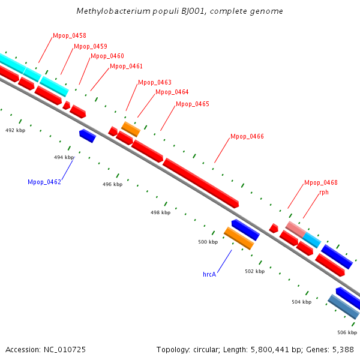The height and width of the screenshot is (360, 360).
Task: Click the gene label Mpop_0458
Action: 70,36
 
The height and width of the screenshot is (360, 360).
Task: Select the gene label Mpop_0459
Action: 91,46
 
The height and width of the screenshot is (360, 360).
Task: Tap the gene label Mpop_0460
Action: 107,56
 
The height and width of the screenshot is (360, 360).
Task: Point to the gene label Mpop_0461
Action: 126,67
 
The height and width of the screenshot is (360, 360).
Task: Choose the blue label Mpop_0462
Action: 44,182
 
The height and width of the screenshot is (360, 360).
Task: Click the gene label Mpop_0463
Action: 155,83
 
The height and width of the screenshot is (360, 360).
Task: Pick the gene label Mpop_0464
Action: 172,92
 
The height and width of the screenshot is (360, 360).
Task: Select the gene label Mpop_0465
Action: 193,104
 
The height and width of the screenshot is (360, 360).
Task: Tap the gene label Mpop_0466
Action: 247,137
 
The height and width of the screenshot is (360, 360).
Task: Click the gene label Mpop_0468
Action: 321,183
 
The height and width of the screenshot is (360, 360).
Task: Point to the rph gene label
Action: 324,193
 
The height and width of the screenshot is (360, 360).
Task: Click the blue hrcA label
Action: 209,274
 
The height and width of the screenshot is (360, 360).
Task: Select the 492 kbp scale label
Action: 16,130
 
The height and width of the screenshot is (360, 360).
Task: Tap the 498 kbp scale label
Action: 160,212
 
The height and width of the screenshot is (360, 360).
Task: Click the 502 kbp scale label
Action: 254,271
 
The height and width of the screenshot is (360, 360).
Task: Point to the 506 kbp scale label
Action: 347,332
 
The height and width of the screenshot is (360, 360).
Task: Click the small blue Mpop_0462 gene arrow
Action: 88,136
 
